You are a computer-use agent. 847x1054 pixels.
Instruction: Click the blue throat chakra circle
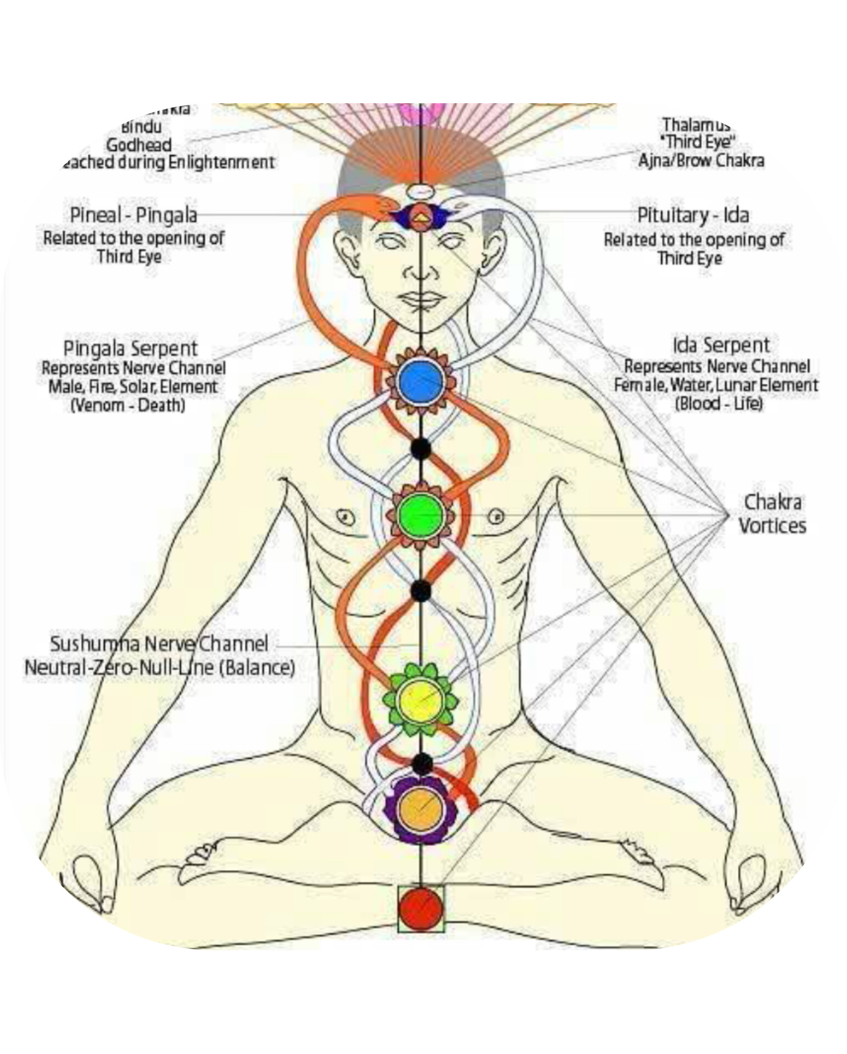(x=420, y=380)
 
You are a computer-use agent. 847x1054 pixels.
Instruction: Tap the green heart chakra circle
(x=420, y=515)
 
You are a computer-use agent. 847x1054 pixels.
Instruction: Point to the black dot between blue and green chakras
(x=420, y=448)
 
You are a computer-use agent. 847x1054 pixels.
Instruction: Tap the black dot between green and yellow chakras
(x=420, y=590)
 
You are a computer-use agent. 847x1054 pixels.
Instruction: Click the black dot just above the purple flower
(x=422, y=763)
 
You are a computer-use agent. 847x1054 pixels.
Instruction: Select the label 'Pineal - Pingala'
(x=133, y=215)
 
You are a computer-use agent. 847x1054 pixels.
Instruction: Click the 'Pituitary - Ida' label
(x=693, y=215)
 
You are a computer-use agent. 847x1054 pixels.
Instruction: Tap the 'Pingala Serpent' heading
(x=130, y=348)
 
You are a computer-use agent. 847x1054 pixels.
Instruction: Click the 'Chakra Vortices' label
(x=772, y=514)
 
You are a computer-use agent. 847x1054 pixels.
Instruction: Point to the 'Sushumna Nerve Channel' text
(x=159, y=643)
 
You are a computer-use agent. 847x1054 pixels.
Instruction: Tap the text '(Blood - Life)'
(x=719, y=403)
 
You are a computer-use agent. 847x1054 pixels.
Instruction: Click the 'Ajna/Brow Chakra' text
(x=701, y=161)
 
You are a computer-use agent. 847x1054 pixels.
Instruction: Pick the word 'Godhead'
(x=138, y=145)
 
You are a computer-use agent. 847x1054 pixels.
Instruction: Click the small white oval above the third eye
(x=420, y=191)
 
